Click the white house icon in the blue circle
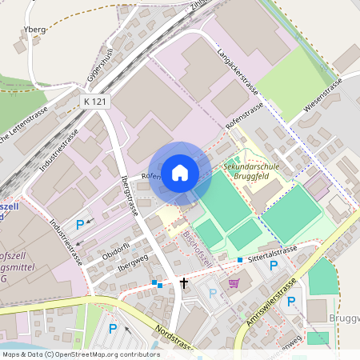(x=179, y=172)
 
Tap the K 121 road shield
(x=94, y=102)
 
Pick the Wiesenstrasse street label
(x=323, y=94)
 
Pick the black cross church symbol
(x=184, y=282)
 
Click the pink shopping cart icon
(x=234, y=282)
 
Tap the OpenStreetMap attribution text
(x=80, y=354)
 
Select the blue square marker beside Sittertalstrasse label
(x=240, y=259)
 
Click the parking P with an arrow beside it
(x=79, y=225)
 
